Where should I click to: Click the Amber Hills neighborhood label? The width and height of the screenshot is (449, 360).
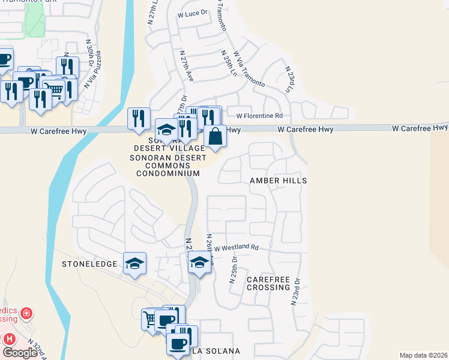point(279,181)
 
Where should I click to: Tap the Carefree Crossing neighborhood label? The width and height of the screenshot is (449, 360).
point(268,284)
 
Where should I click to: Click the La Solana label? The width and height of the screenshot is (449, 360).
point(215,351)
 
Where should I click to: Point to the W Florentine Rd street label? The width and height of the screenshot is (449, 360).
point(259,116)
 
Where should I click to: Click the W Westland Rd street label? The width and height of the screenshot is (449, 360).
point(236,247)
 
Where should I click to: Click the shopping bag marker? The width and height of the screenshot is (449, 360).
point(215,136)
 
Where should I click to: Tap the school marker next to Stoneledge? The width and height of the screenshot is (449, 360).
point(135,263)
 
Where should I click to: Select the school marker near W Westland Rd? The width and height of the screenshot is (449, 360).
point(199,262)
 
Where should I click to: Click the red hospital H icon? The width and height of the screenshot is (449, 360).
point(9,338)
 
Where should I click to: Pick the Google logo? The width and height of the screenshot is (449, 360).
point(20,353)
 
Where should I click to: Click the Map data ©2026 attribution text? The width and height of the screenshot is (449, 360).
point(423,355)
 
